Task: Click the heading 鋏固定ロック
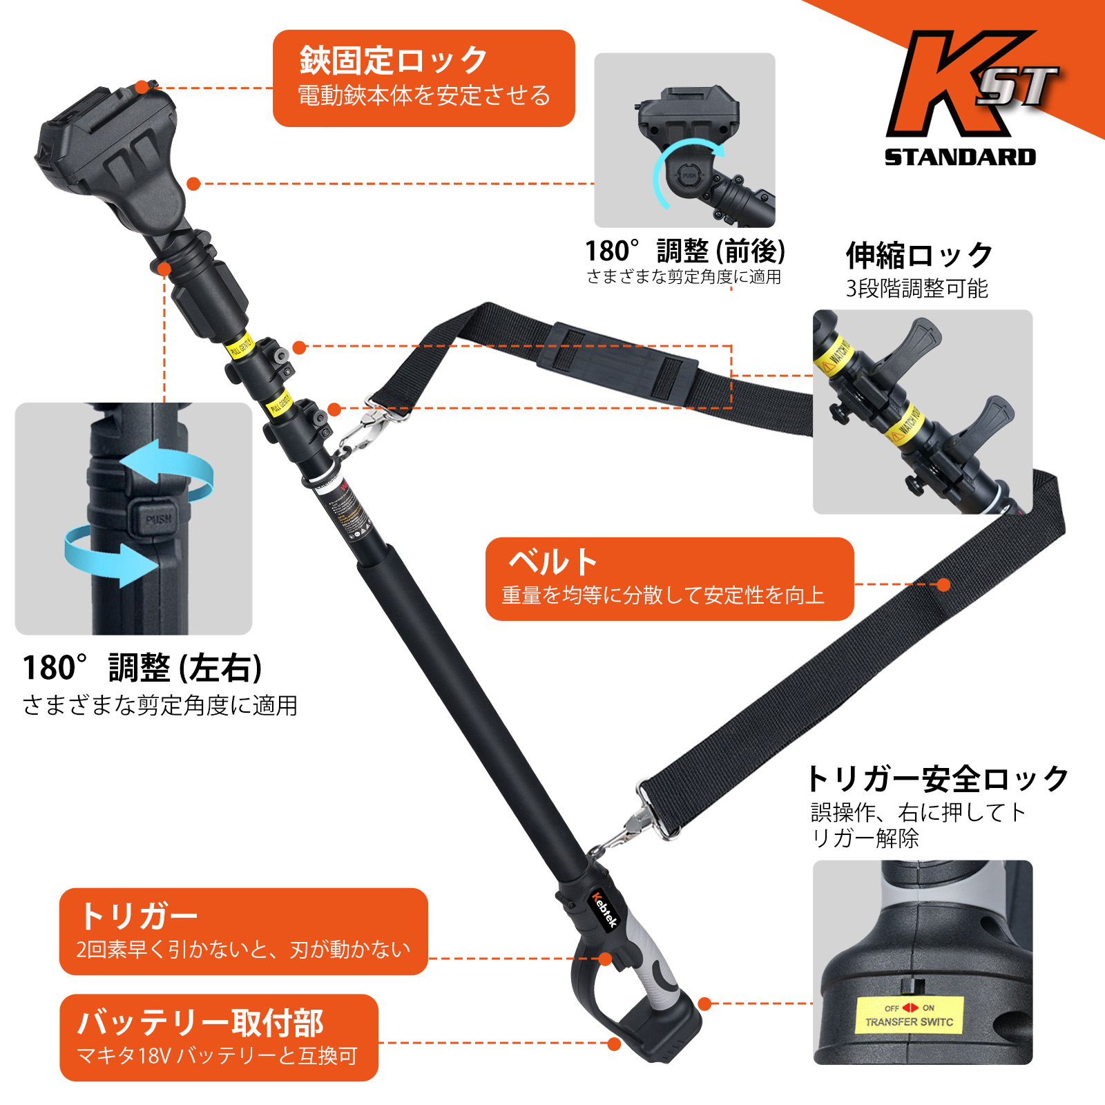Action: (x=394, y=61)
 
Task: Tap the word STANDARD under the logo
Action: (x=960, y=157)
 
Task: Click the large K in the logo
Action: (x=946, y=86)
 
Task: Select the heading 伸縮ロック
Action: (x=919, y=256)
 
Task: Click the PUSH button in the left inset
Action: (x=157, y=519)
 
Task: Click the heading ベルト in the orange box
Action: (x=552, y=562)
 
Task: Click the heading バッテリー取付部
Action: (x=200, y=1023)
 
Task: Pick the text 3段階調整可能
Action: (x=916, y=288)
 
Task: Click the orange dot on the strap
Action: (x=943, y=585)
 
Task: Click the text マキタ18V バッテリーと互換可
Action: (x=217, y=1055)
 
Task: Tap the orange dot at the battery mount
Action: (x=614, y=1044)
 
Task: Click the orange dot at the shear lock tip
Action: (x=142, y=87)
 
